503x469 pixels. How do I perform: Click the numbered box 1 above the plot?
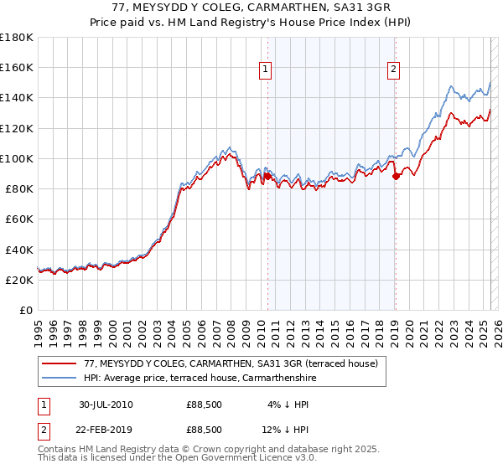pos(265,71)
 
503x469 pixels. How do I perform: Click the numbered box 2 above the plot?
pos(393,71)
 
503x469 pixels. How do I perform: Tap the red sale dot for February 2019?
pos(396,176)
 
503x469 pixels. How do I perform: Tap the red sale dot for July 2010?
pos(268,176)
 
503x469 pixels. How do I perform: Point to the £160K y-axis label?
pos(16,67)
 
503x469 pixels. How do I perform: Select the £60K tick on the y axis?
pos(18,219)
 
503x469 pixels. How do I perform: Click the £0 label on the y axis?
pos(25,310)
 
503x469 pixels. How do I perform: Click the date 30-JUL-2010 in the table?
pos(106,405)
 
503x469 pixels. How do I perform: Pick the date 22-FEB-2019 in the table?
pos(106,430)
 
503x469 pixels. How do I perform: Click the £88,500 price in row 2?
pos(205,430)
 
